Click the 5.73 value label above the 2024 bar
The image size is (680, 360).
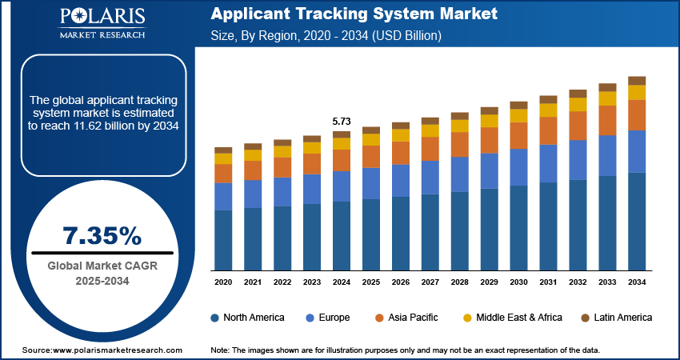[342, 121]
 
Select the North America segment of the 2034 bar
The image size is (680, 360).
[637, 221]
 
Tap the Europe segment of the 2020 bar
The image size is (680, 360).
[223, 196]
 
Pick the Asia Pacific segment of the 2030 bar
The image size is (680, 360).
[519, 135]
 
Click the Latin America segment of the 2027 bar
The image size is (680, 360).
[430, 121]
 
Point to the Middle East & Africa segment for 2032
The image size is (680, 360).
[578, 104]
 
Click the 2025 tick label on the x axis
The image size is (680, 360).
[371, 282]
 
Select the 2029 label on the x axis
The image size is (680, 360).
[489, 282]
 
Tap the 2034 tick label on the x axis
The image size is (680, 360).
[637, 282]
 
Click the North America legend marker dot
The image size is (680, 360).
[215, 318]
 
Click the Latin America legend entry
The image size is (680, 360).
[617, 318]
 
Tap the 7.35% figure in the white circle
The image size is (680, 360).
[102, 235]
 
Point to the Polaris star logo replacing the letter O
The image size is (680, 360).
[82, 18]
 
